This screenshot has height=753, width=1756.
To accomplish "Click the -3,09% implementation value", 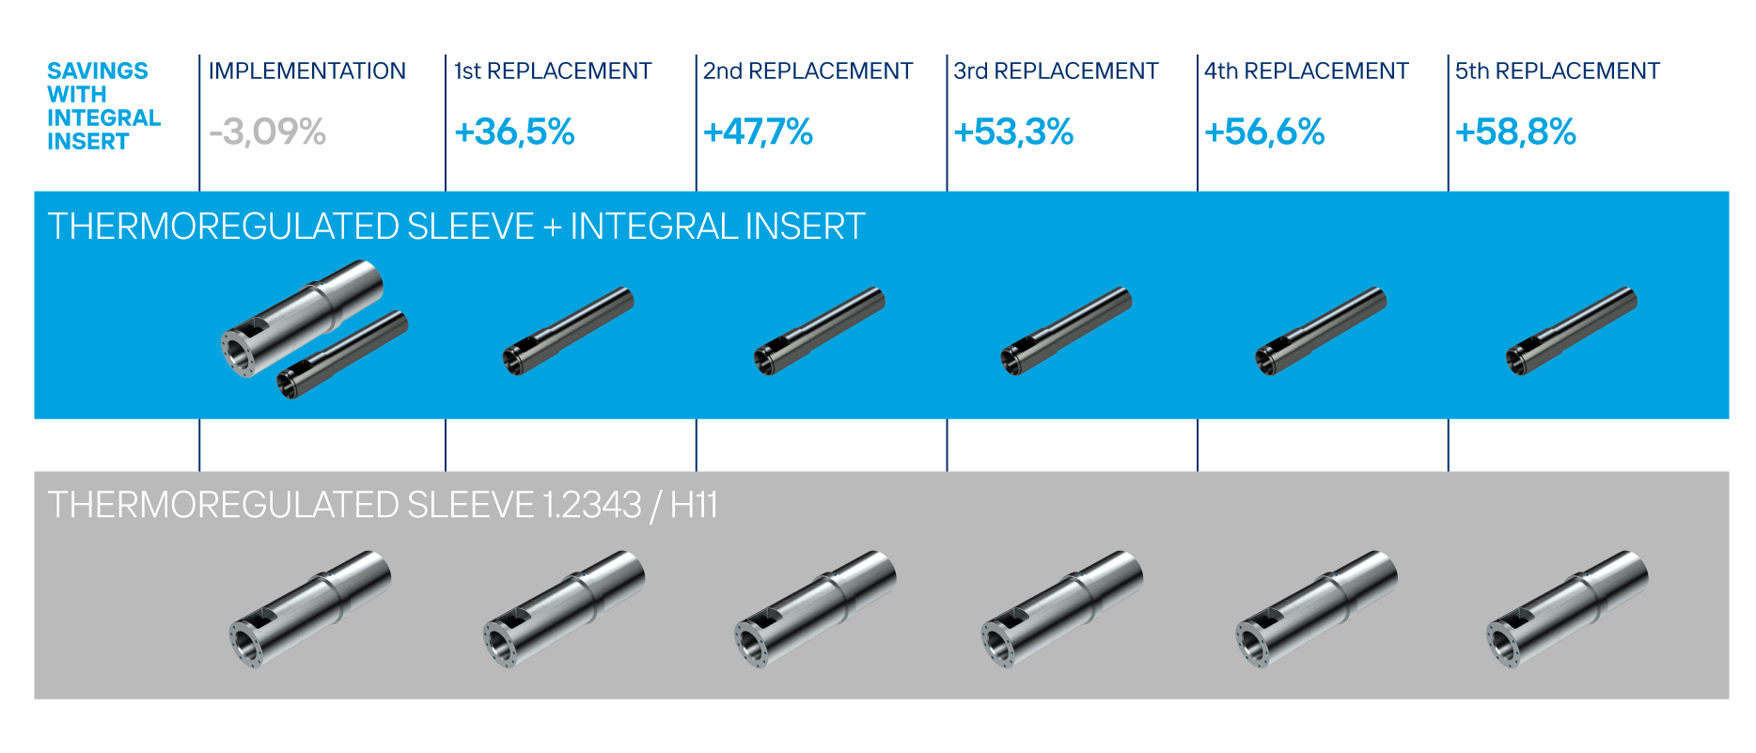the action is [x=267, y=132].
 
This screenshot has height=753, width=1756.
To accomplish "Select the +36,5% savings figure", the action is [x=514, y=132].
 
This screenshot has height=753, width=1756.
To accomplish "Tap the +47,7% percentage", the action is [x=758, y=132].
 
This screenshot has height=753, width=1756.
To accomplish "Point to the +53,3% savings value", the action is [x=1013, y=132].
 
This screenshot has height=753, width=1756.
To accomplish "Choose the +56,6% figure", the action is [x=1264, y=132].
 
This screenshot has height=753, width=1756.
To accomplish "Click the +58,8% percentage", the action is [x=1515, y=132].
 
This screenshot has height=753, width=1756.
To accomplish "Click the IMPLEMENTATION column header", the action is [x=307, y=71].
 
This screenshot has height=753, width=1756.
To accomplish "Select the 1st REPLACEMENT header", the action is [x=553, y=71].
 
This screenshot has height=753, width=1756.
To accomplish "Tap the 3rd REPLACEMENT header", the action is [x=1056, y=71].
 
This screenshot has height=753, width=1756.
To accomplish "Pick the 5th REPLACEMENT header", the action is [x=1558, y=71].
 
